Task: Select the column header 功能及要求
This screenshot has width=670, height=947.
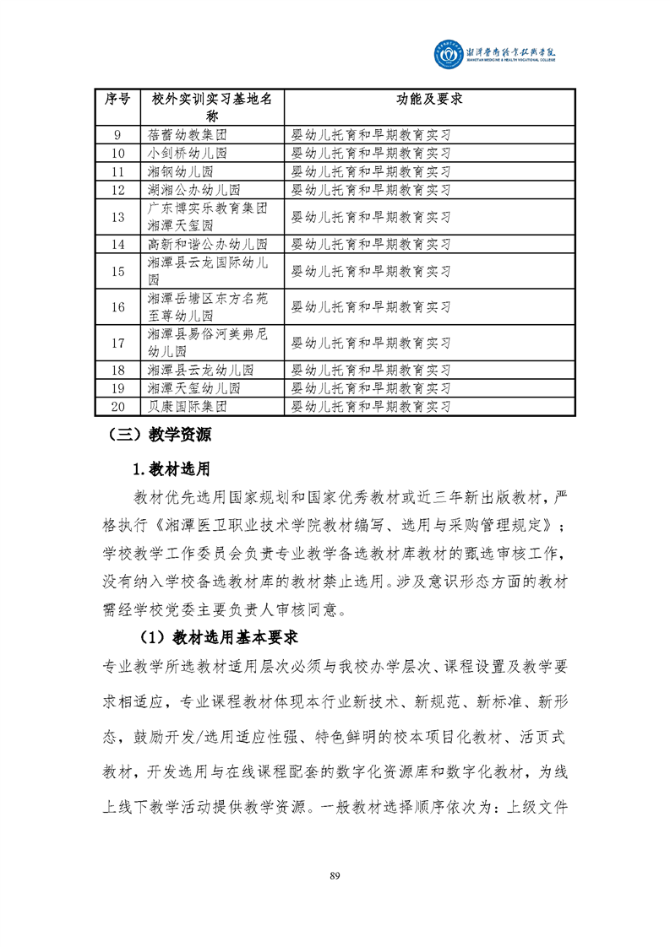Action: coord(429,99)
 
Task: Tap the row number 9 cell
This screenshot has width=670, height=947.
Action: coord(117,134)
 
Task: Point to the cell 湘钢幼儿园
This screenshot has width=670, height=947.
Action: coord(180,171)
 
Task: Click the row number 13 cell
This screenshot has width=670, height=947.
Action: coord(117,217)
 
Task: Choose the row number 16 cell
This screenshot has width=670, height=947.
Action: coord(117,307)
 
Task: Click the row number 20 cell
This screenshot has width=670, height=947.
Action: coord(117,406)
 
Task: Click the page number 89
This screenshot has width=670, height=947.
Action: coord(335,874)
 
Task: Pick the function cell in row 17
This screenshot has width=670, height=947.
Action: coord(370,344)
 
